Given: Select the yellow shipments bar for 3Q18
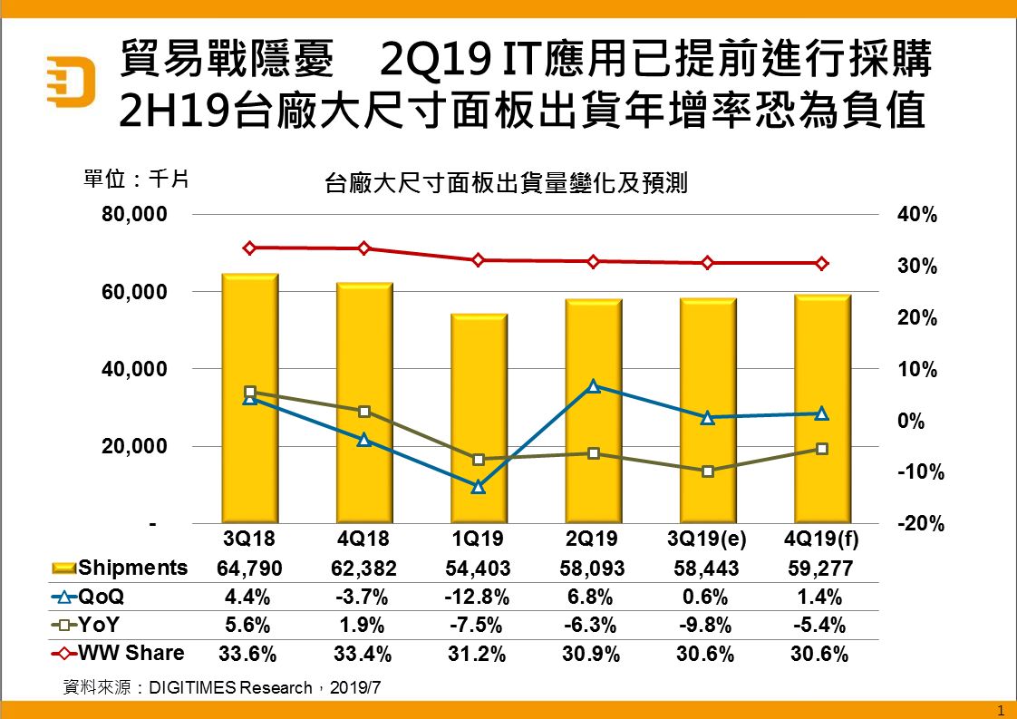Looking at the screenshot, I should point(250,399).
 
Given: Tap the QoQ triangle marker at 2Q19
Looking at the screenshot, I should point(593,386).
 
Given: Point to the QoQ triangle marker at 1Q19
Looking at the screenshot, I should point(479,487).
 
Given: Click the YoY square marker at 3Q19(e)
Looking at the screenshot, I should point(708,471).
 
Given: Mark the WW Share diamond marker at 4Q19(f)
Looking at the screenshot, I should point(821,264).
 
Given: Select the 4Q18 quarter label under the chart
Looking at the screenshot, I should point(363,539).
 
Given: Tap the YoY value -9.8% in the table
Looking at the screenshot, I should point(706,625).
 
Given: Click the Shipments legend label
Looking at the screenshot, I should point(133,568).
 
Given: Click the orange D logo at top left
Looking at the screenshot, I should point(73,81).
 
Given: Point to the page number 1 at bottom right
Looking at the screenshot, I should point(1000,709).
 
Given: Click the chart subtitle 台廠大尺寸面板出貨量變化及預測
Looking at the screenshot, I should point(506,184).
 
